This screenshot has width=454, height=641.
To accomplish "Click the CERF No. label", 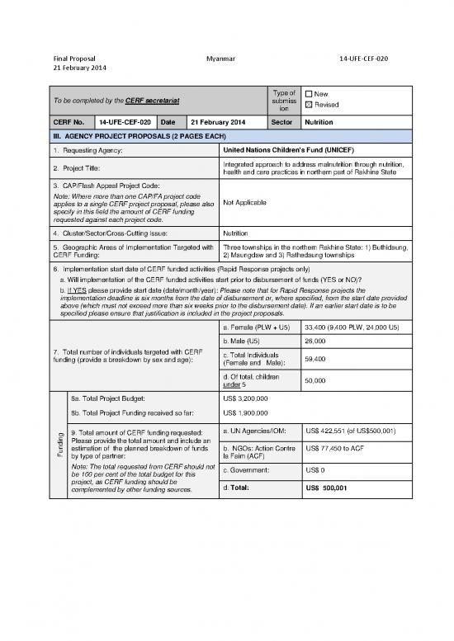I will [70, 122].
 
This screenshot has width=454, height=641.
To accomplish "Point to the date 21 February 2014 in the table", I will [218, 122].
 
